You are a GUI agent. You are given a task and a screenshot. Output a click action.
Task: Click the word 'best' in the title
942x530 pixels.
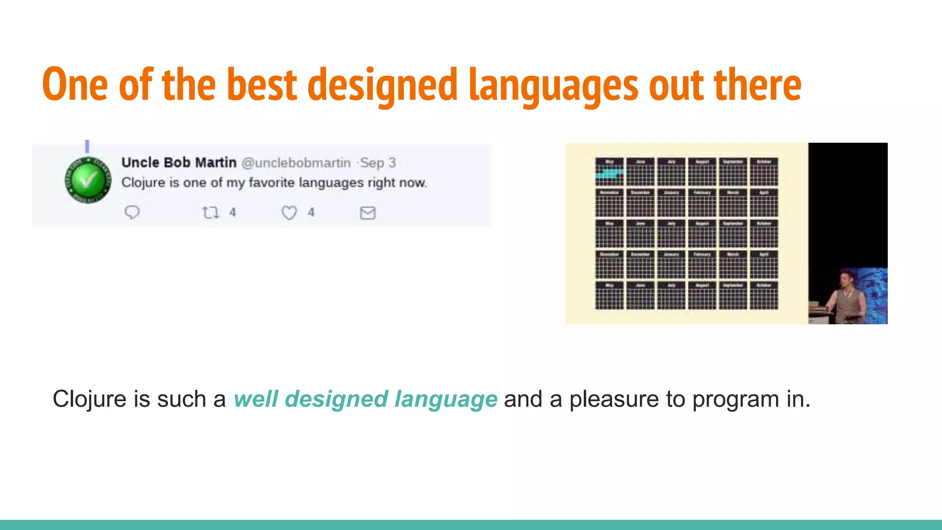pos(262,85)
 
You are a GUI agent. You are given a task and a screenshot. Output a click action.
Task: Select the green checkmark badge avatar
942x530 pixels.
pos(88,180)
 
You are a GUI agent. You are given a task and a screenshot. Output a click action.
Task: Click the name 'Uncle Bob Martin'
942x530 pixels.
pos(179,162)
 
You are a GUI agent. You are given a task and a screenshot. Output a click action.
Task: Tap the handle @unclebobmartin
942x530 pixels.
pos(296,163)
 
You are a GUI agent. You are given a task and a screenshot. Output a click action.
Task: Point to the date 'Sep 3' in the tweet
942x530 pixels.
pos(378,163)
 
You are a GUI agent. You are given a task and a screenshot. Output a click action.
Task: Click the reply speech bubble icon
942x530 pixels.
pos(132,212)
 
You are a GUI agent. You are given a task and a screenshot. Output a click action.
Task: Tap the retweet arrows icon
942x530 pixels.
pos(211,213)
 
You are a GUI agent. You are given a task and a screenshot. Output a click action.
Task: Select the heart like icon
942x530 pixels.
pos(289,213)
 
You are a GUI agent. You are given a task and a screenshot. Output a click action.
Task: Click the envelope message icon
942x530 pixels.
pos(368,213)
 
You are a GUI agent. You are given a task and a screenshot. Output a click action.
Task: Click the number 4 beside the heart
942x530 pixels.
pos(311,213)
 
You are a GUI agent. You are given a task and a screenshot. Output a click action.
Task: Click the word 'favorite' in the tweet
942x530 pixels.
pos(271,183)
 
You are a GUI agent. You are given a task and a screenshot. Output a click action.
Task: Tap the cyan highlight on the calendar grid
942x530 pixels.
pos(610,173)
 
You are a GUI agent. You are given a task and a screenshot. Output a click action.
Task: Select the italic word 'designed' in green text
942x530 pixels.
pos(336,399)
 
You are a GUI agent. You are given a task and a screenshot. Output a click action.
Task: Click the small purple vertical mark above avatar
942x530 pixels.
pos(87,146)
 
